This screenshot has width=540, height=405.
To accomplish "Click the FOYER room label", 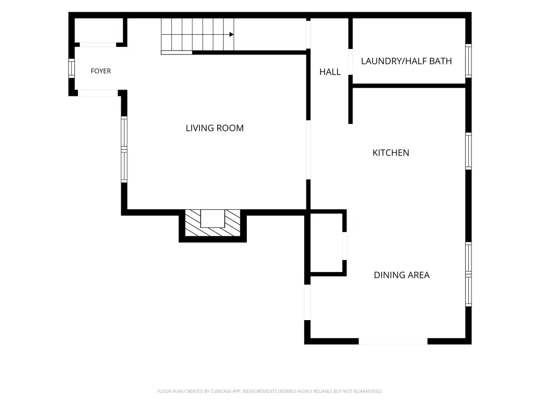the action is click(x=101, y=71).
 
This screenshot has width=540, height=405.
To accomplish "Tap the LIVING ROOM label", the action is click(x=215, y=128).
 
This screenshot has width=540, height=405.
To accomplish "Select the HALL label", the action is click(x=330, y=72).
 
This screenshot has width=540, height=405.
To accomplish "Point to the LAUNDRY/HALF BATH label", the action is click(x=407, y=61).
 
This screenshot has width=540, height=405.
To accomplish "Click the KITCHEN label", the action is click(x=391, y=152).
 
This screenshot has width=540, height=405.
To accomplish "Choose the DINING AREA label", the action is click(x=401, y=275).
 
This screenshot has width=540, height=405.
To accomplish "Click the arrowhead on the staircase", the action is click(x=232, y=34).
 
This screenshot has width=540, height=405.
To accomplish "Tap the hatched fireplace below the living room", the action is click(x=213, y=223).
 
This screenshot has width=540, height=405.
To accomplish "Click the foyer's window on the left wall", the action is click(x=71, y=68).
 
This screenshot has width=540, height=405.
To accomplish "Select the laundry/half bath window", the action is click(x=468, y=61).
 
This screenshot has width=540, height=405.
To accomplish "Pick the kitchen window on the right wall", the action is click(x=468, y=151).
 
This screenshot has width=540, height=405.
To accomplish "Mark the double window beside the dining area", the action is click(x=468, y=274).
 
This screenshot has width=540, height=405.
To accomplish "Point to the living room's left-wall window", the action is click(x=124, y=149).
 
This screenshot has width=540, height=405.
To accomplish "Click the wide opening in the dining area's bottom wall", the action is click(x=393, y=341).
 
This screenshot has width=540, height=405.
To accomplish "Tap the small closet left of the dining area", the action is click(x=326, y=243).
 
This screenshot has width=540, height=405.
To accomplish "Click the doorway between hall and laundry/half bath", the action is click(x=350, y=62).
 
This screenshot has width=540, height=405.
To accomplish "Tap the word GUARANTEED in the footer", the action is click(x=369, y=391).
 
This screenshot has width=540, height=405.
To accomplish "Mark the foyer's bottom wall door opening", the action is click(x=98, y=93).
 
